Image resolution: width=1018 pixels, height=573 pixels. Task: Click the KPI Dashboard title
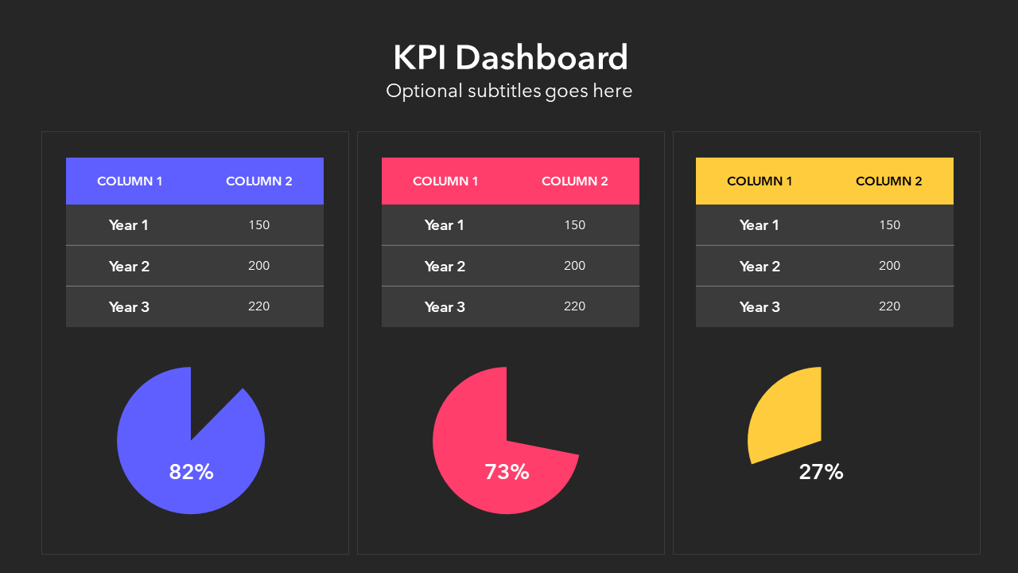[x=510, y=58]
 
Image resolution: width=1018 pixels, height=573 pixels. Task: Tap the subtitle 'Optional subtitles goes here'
[x=509, y=91]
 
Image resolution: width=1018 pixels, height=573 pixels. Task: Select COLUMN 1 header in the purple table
[x=130, y=181]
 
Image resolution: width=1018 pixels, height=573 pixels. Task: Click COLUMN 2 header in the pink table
[x=574, y=181]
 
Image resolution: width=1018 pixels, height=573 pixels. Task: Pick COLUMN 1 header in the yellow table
[x=760, y=181]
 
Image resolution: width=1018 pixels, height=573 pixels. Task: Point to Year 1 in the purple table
[x=129, y=225]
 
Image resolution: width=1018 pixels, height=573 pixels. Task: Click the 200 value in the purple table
[x=259, y=266]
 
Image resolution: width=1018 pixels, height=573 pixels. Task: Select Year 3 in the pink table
[x=445, y=307]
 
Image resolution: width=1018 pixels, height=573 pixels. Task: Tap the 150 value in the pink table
[x=574, y=225]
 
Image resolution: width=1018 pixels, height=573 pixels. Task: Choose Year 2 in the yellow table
[x=760, y=267]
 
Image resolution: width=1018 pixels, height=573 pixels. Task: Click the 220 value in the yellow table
[x=889, y=306]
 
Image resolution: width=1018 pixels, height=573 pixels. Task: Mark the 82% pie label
[x=191, y=472]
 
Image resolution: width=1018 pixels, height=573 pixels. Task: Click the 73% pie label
[x=507, y=472]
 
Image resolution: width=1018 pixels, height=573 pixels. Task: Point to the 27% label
[x=821, y=472]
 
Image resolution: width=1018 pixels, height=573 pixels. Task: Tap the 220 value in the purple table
[x=259, y=306]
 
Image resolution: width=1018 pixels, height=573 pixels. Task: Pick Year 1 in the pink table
[x=445, y=225]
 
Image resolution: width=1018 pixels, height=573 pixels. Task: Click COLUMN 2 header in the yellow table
[x=889, y=181]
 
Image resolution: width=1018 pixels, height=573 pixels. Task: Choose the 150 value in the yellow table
[x=889, y=225]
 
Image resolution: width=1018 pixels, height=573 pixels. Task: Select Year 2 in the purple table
[x=129, y=267]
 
